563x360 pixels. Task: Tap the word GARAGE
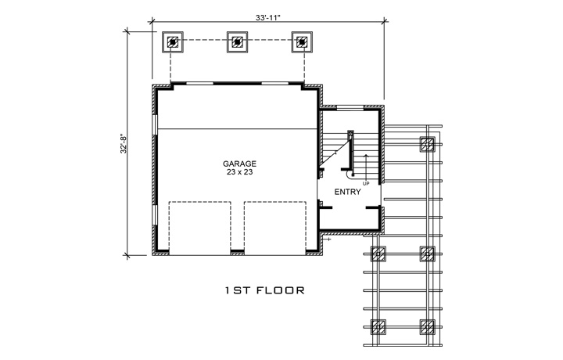click(x=238, y=164)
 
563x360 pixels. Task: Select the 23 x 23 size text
click(x=238, y=174)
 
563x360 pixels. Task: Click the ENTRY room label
click(x=347, y=192)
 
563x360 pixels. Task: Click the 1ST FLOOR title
click(x=263, y=291)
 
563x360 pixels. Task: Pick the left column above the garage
click(x=173, y=42)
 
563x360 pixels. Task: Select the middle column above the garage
click(x=238, y=42)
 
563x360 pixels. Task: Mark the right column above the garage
click(x=302, y=42)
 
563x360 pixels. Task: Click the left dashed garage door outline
click(x=199, y=227)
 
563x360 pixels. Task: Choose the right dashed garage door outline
click(x=275, y=227)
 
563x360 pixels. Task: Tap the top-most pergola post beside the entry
click(x=427, y=144)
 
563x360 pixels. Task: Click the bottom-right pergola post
click(x=427, y=326)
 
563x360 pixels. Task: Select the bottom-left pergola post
click(x=378, y=326)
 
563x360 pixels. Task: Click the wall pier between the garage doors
click(x=237, y=251)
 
